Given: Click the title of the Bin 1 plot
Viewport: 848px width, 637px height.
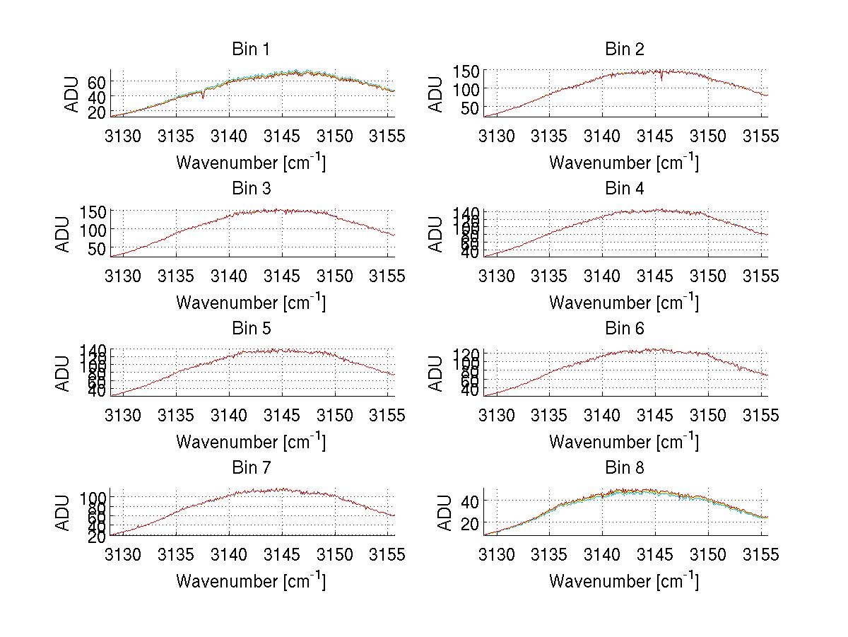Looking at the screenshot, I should pyautogui.click(x=251, y=49).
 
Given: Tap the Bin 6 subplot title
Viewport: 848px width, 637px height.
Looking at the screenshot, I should pyautogui.click(x=625, y=328).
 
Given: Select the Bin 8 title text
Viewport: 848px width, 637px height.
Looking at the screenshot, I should pyautogui.click(x=625, y=467).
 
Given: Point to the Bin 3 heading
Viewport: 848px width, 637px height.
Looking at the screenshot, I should pyautogui.click(x=251, y=189).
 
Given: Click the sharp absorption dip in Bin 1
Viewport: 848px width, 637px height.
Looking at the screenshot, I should pyautogui.click(x=204, y=95).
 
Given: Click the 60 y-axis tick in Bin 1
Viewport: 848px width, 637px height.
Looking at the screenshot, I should pyautogui.click(x=96, y=81).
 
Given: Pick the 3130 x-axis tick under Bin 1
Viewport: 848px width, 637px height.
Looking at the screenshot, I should pyautogui.click(x=125, y=136).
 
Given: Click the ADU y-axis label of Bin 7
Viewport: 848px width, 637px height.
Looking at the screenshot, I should pyautogui.click(x=64, y=513).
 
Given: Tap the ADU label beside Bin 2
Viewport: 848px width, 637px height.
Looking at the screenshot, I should pyautogui.click(x=437, y=93).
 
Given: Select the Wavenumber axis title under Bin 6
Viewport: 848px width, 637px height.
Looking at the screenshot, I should pyautogui.click(x=623, y=442).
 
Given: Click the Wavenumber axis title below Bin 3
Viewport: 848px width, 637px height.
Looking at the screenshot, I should pyautogui.click(x=250, y=302).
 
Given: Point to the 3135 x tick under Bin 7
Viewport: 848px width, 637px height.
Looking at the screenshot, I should pyautogui.click(x=177, y=554).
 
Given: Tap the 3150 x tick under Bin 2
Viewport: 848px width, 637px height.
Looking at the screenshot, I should pyautogui.click(x=708, y=136).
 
